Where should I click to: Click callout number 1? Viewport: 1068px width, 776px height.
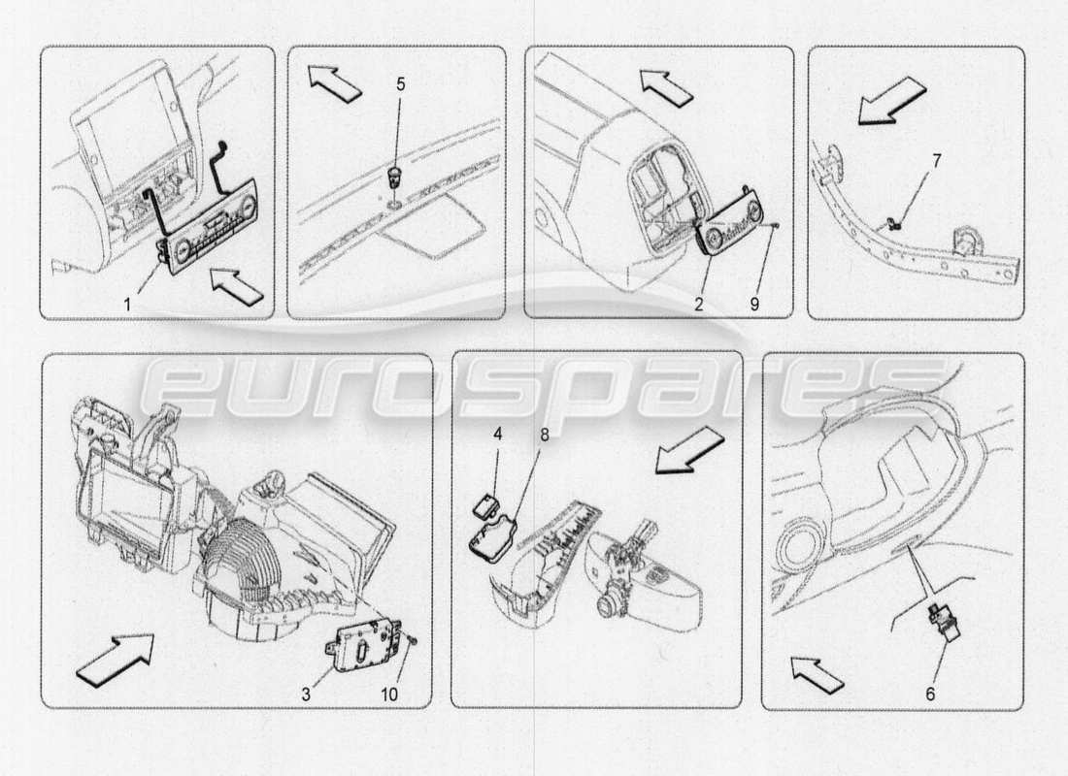pyautogui.click(x=126, y=304)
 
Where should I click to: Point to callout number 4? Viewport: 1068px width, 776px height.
pyautogui.click(x=496, y=435)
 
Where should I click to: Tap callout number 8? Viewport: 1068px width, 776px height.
pyautogui.click(x=545, y=435)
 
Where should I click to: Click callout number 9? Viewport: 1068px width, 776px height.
pyautogui.click(x=755, y=303)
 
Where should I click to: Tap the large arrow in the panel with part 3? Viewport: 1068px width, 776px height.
pyautogui.click(x=114, y=657)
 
